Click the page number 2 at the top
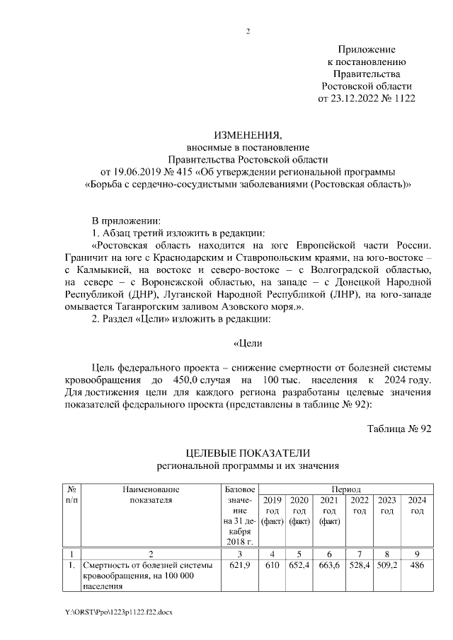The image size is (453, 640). pos(247,31)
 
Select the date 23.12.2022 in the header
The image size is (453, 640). pos(357,99)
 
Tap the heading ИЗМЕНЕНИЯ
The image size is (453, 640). pos(247,135)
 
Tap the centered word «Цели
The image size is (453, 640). pos(248,344)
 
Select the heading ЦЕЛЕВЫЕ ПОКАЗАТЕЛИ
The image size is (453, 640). pos(247,453)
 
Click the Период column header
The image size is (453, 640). pos(344,489)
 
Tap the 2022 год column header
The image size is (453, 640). pos(360,505)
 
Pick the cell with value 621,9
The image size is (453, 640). pos(240,566)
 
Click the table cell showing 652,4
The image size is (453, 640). pos(299,566)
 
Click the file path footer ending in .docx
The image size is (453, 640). pos(117,611)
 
